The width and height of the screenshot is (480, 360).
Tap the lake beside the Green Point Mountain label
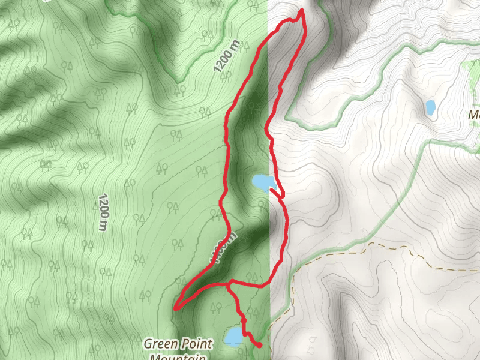pyautogui.click(x=233, y=336)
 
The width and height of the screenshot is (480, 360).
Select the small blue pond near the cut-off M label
pyautogui.click(x=430, y=108)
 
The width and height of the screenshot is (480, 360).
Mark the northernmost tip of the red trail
pyautogui.click(x=301, y=11)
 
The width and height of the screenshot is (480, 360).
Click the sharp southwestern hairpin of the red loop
pyautogui.click(x=176, y=308)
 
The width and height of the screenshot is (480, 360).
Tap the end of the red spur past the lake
pyautogui.click(x=260, y=346)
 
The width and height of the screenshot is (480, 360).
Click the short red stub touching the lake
pyautogui.click(x=277, y=192)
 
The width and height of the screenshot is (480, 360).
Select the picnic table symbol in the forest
pyautogui.click(x=45, y=164)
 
